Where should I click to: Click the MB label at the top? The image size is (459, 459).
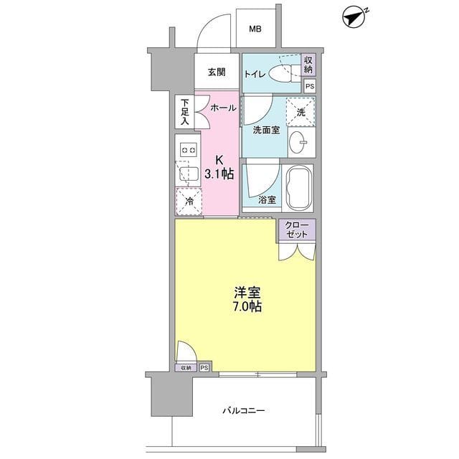[x=255, y=29]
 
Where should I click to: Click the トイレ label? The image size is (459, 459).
[x=255, y=73]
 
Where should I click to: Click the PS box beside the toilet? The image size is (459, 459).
[x=309, y=86]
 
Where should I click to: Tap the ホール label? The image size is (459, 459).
[x=223, y=108]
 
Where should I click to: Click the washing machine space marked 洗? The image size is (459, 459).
[x=301, y=111]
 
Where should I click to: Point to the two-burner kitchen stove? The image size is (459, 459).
[x=189, y=150]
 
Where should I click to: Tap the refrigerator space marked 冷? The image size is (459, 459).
[x=189, y=200]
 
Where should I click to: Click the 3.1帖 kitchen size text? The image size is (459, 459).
[x=219, y=174]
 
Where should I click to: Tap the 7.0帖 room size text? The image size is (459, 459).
[x=246, y=307]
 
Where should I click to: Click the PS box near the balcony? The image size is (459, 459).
[x=205, y=367]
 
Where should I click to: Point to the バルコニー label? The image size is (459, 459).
[x=243, y=411]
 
